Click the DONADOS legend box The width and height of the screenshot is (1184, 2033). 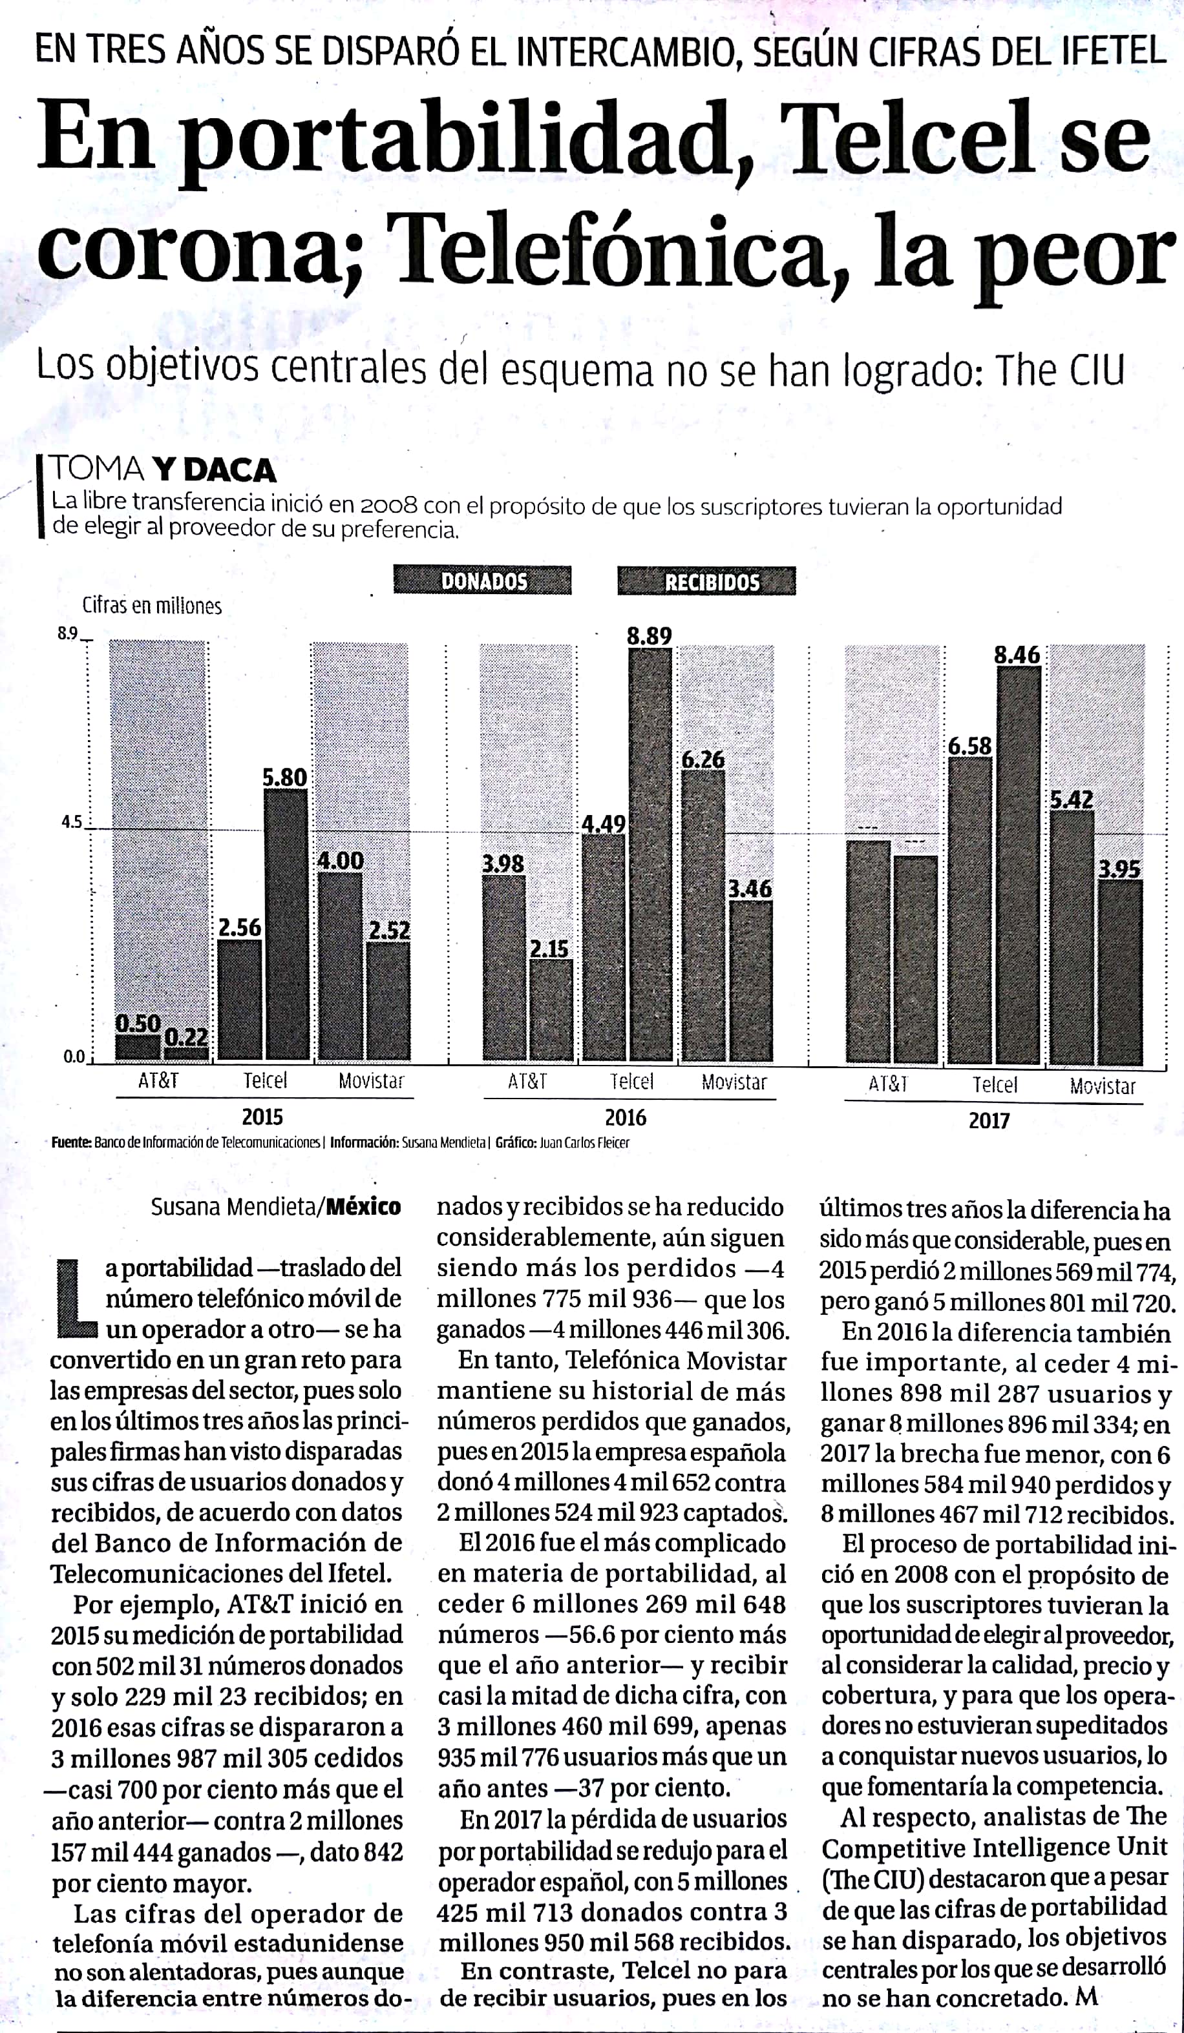tap(482, 580)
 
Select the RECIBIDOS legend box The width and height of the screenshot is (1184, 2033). tap(706, 581)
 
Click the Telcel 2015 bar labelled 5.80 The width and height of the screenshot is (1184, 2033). tap(286, 925)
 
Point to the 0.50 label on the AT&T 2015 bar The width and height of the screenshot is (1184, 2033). tap(138, 1024)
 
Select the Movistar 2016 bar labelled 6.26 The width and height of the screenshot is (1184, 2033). tap(703, 916)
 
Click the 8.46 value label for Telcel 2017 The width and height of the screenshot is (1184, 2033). tap(1017, 655)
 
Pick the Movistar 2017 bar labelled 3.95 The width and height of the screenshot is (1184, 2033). tap(1120, 972)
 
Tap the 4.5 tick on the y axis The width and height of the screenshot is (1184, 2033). tap(71, 823)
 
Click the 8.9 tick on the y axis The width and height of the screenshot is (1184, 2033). tap(67, 634)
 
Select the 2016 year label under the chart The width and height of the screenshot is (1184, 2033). tap(626, 1117)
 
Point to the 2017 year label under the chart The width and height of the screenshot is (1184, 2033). tap(989, 1120)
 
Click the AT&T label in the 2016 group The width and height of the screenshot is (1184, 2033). tap(528, 1082)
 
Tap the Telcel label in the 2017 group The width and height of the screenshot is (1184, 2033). tap(995, 1085)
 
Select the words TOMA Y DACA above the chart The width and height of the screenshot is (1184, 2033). tap(164, 470)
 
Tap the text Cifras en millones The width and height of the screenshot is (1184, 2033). tap(152, 606)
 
